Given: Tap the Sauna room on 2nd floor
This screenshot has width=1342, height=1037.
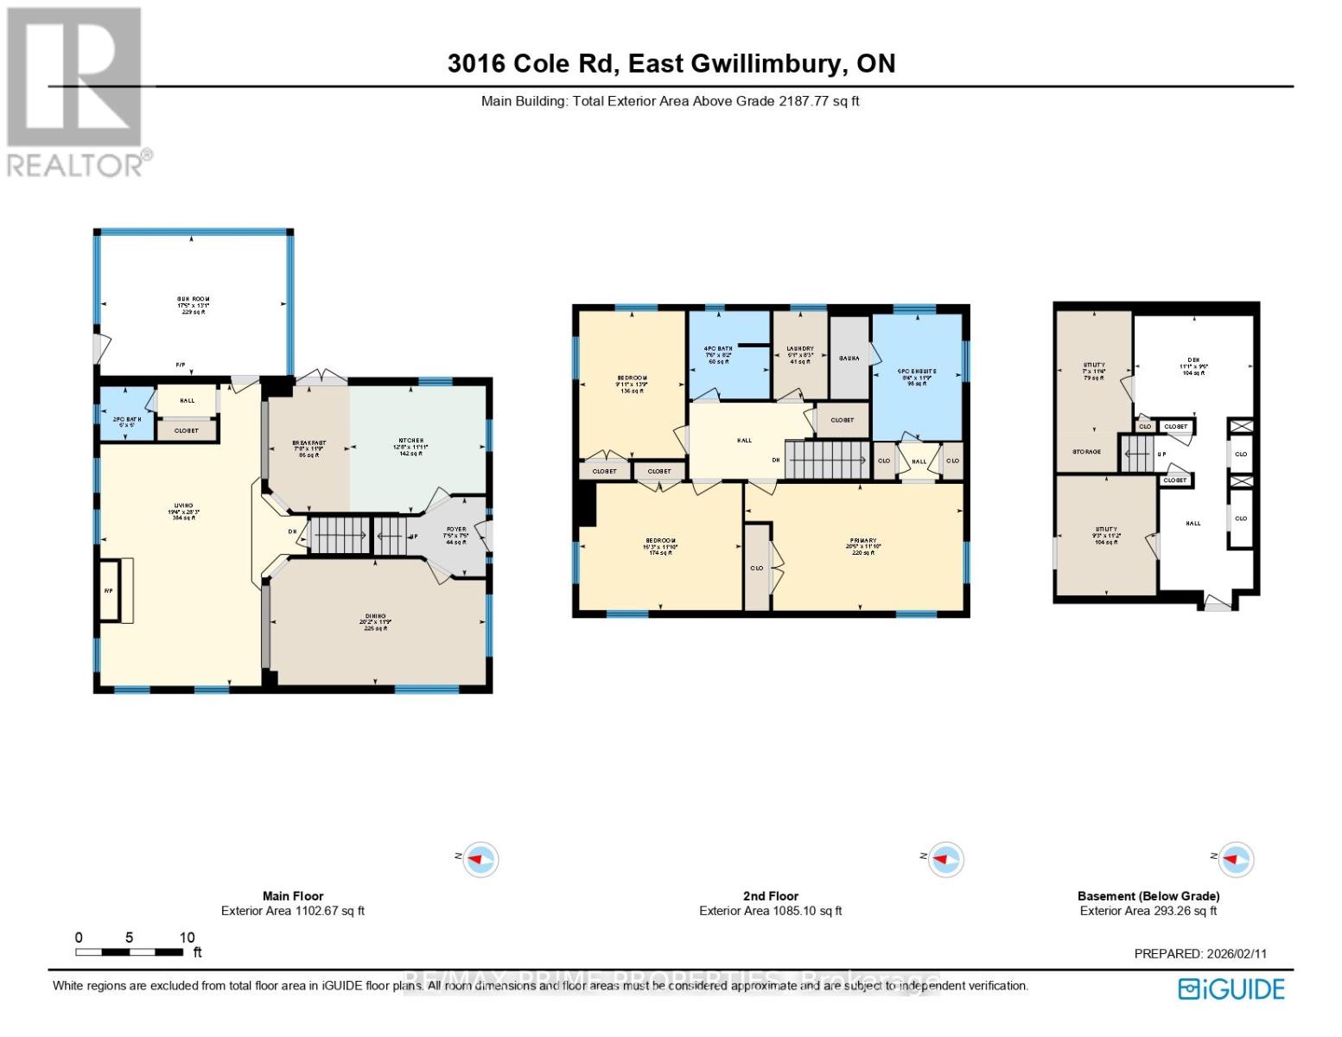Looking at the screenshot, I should [x=849, y=358].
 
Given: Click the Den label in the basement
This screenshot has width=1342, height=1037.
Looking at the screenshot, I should [x=1193, y=366].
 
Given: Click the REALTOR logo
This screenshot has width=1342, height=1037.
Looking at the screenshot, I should [x=76, y=92].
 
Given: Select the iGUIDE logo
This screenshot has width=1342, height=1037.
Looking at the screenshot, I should [x=1231, y=989].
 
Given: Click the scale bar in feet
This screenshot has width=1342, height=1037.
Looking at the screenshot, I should [x=129, y=951].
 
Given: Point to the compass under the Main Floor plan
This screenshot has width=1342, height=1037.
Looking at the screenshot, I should [x=480, y=860].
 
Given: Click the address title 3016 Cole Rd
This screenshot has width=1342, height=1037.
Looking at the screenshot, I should [x=671, y=63].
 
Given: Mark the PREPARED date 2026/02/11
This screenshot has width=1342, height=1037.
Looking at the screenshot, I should [x=1199, y=954].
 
